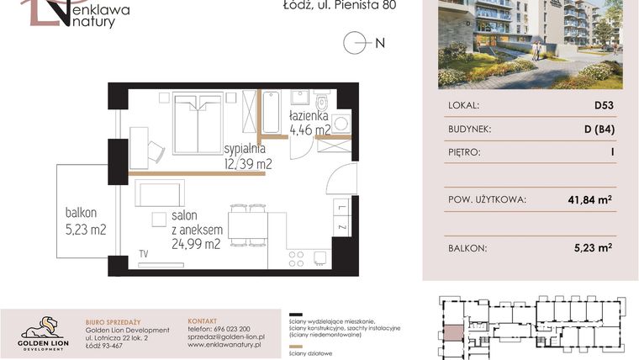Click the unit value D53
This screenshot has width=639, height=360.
[604, 106]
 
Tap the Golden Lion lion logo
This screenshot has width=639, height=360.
[42, 326]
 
